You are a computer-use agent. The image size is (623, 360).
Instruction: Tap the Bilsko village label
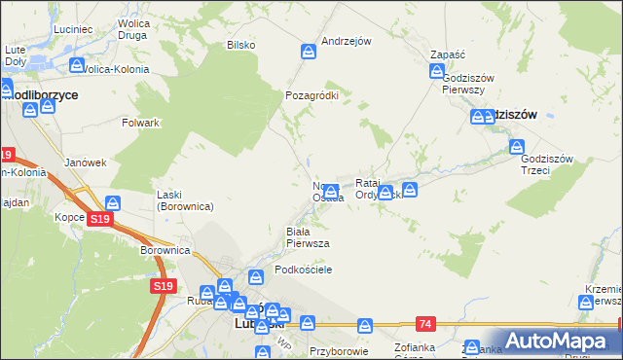(x=240, y=45)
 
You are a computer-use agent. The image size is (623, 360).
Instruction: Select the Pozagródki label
(x=311, y=96)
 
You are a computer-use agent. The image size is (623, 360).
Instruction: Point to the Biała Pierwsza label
(x=308, y=236)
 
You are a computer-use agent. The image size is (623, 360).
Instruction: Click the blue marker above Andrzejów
(x=309, y=51)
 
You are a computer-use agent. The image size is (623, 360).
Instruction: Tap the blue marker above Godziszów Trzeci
(x=516, y=147)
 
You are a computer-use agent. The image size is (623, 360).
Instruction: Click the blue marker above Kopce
(x=114, y=202)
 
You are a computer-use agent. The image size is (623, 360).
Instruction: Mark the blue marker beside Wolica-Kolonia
(x=77, y=65)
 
